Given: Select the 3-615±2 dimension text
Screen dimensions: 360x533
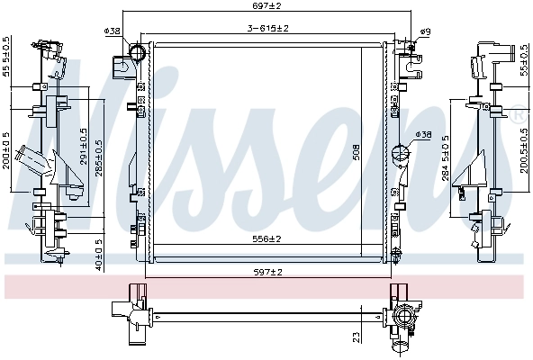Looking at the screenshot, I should [268, 29].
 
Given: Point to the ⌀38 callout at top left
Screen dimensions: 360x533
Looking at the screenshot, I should [113, 31].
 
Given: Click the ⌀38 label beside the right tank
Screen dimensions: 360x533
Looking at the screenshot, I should [423, 135].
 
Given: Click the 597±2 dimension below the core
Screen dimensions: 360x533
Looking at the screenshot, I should [267, 272].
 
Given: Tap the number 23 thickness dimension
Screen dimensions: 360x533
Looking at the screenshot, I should [357, 337].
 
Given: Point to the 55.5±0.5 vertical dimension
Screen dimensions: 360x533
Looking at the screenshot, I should [7, 57].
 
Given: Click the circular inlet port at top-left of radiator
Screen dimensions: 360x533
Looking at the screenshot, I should [138, 53].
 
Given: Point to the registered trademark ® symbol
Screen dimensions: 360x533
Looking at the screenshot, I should [519, 112].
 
